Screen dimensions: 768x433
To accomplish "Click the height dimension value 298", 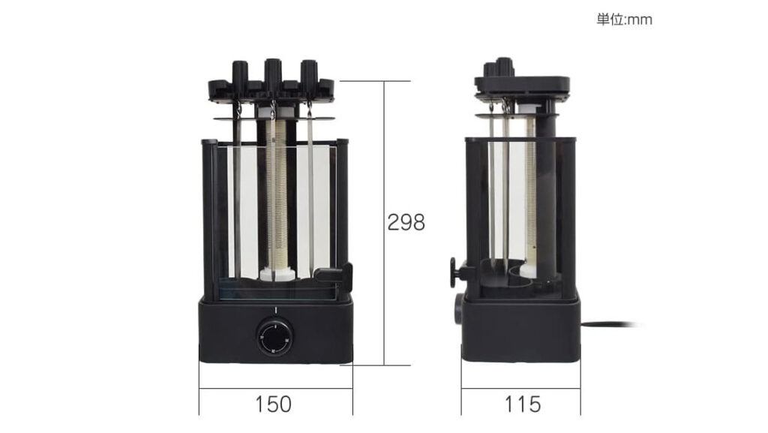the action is coord(406,223).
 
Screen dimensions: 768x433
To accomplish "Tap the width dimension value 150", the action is coord(273,404).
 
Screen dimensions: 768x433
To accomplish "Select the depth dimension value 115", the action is coord(523,404).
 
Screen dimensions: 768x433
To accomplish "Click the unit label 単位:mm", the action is coord(624,20).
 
